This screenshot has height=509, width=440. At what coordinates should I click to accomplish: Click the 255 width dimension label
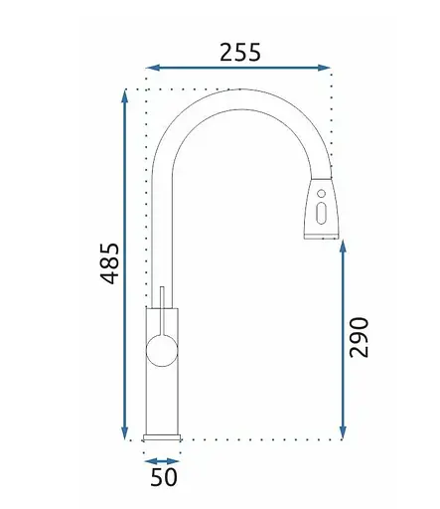point(240,53)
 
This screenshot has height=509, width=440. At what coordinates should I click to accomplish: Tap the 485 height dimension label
point(110,263)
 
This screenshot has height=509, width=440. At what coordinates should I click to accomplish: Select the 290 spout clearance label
point(360,338)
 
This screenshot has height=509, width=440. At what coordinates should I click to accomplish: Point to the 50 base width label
point(164,477)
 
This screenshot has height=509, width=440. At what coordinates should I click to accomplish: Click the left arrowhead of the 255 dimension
point(152,68)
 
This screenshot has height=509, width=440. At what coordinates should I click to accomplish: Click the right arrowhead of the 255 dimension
point(324,68)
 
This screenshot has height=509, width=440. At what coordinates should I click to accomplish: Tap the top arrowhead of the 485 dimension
point(124,96)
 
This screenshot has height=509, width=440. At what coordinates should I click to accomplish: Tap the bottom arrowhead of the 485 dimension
point(124,432)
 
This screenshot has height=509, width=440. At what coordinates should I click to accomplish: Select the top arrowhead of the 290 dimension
point(343,248)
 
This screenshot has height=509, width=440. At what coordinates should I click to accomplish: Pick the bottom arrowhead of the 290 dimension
point(343,432)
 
